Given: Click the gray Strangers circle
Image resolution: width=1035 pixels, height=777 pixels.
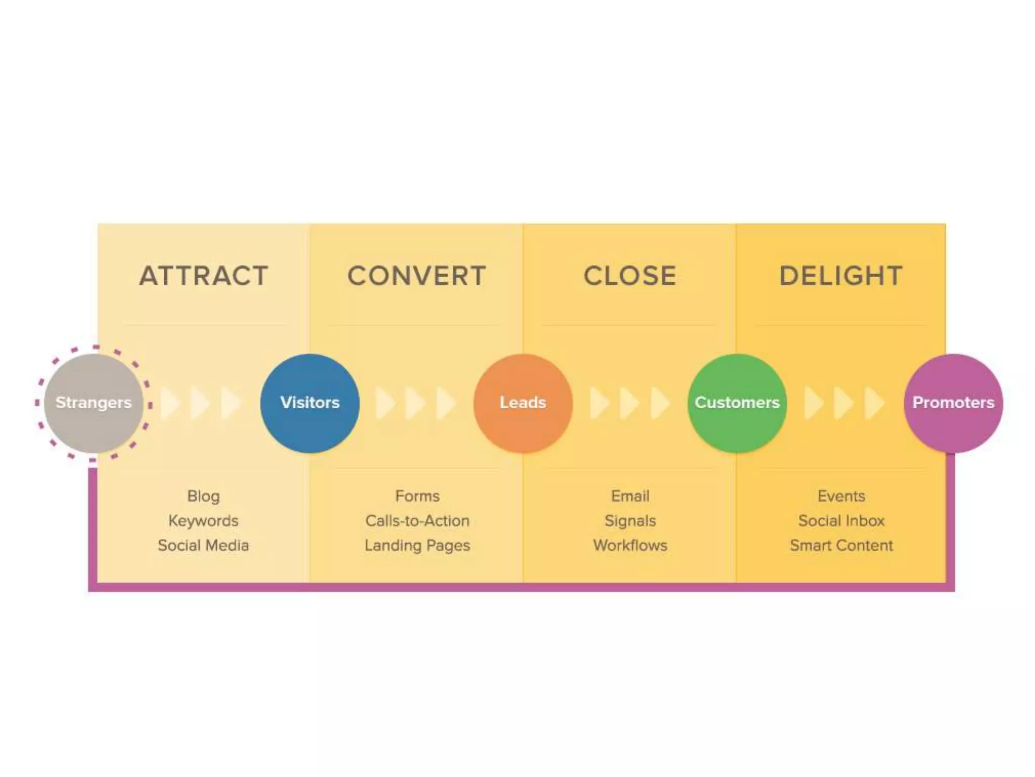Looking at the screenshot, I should pos(93,403).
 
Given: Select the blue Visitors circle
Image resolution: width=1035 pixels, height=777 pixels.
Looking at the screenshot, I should pos(310,403).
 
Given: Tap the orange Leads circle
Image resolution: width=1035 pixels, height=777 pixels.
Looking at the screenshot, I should pos(523,403).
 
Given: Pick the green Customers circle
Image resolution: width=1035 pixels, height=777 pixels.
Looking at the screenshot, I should pos(737,403).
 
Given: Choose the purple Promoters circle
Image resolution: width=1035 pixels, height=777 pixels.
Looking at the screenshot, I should pos(953,403).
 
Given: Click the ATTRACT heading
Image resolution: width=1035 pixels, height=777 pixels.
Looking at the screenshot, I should pos(204,276).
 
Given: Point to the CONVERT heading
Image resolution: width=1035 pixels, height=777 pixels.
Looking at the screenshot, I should pos(417,276).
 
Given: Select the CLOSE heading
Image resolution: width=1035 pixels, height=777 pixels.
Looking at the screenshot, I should pos(630,276).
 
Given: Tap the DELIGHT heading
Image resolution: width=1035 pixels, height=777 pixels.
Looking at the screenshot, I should pos(841,276).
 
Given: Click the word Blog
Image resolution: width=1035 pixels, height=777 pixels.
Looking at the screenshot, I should pos(204,496).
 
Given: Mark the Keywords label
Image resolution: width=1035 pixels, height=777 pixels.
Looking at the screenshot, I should pos(203,521).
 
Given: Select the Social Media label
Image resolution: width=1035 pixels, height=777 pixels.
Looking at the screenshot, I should pos(203,545).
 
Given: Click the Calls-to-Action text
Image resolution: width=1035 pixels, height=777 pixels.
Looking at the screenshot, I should pos(417,521).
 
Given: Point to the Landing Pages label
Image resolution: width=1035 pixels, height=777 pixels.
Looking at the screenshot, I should pos(417,545).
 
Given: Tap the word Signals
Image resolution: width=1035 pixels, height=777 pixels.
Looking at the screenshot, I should pos(630,521).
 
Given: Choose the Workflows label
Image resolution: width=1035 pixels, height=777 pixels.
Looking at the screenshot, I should pos(630,545).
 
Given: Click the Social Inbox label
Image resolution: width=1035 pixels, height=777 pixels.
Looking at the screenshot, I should pos(841,521).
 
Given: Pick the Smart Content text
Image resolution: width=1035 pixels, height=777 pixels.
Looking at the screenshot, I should pos(841,545).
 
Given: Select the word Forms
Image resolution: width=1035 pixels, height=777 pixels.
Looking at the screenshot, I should pos(417,496).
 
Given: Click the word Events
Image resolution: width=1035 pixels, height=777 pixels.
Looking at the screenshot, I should pos(841,496).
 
